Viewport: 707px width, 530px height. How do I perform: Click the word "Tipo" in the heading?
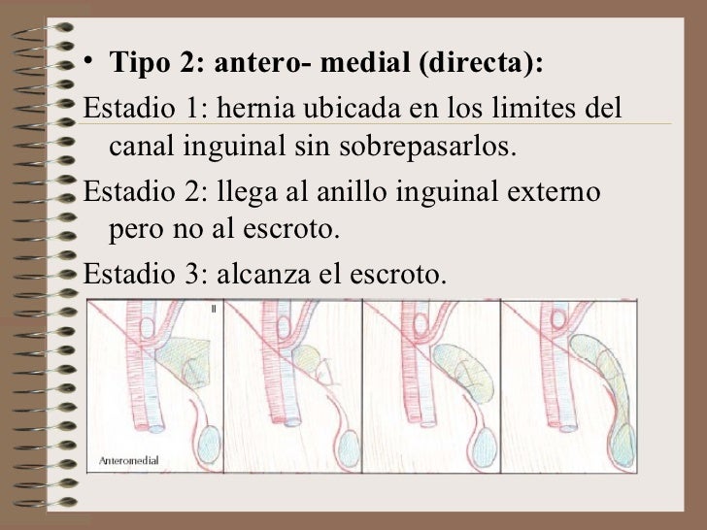pyautogui.click(x=140, y=62)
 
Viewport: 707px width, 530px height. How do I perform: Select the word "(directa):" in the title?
pyautogui.click(x=481, y=62)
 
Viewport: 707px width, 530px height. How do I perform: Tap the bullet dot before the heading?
pyautogui.click(x=88, y=60)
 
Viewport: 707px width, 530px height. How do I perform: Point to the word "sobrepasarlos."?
pyautogui.click(x=427, y=146)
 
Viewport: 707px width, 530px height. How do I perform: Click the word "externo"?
pyautogui.click(x=554, y=192)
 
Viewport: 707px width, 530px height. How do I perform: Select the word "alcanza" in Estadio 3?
pyautogui.click(x=263, y=274)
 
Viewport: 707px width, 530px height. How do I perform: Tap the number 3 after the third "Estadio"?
pyautogui.click(x=190, y=274)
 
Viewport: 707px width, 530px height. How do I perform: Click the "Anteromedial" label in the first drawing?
pyautogui.click(x=129, y=460)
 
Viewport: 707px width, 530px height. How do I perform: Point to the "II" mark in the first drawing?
pyautogui.click(x=214, y=309)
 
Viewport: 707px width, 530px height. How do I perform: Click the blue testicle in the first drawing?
pyautogui.click(x=209, y=444)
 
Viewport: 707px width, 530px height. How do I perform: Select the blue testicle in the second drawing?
pyautogui.click(x=349, y=448)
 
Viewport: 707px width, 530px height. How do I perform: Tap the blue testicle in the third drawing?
pyautogui.click(x=485, y=447)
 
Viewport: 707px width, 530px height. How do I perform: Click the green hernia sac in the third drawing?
pyautogui.click(x=464, y=373)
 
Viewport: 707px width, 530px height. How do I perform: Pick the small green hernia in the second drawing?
pyautogui.click(x=307, y=358)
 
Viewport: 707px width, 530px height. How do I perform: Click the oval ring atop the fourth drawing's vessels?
pyautogui.click(x=558, y=319)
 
